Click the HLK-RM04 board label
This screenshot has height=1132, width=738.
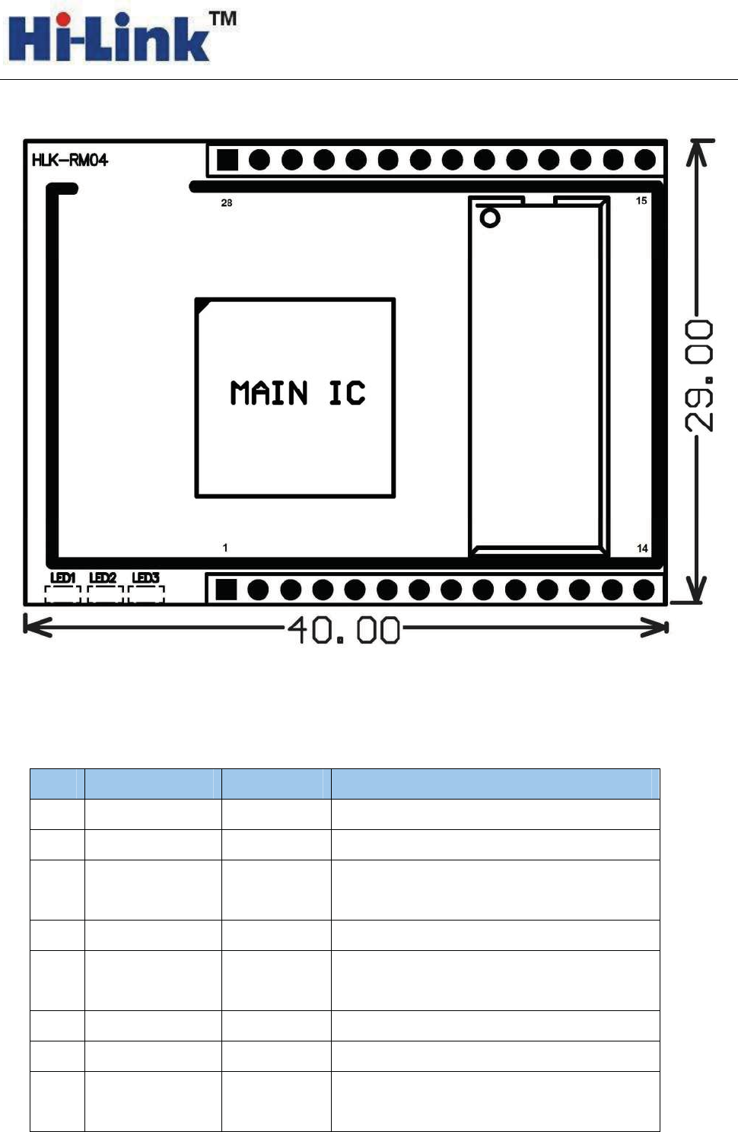(70, 161)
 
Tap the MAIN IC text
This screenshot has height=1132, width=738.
(297, 393)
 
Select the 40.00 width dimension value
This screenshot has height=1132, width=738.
(344, 630)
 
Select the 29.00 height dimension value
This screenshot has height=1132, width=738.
(698, 376)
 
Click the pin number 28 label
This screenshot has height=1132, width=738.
(227, 202)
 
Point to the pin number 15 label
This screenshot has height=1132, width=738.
(641, 201)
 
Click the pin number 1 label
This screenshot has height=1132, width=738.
(225, 547)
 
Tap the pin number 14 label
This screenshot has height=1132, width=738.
(642, 549)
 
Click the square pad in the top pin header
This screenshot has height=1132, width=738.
(227, 161)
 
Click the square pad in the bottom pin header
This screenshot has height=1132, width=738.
(226, 590)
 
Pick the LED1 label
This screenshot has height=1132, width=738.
(62, 577)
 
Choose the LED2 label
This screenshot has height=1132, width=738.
(103, 577)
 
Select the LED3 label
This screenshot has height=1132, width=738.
(145, 577)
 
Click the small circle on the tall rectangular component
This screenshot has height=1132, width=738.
(490, 218)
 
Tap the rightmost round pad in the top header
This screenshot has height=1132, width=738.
(645, 161)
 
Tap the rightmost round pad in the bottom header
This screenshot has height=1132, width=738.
(644, 590)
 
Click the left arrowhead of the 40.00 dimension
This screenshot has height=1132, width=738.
(37, 627)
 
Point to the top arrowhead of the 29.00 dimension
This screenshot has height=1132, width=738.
(697, 151)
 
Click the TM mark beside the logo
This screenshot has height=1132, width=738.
(223, 19)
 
